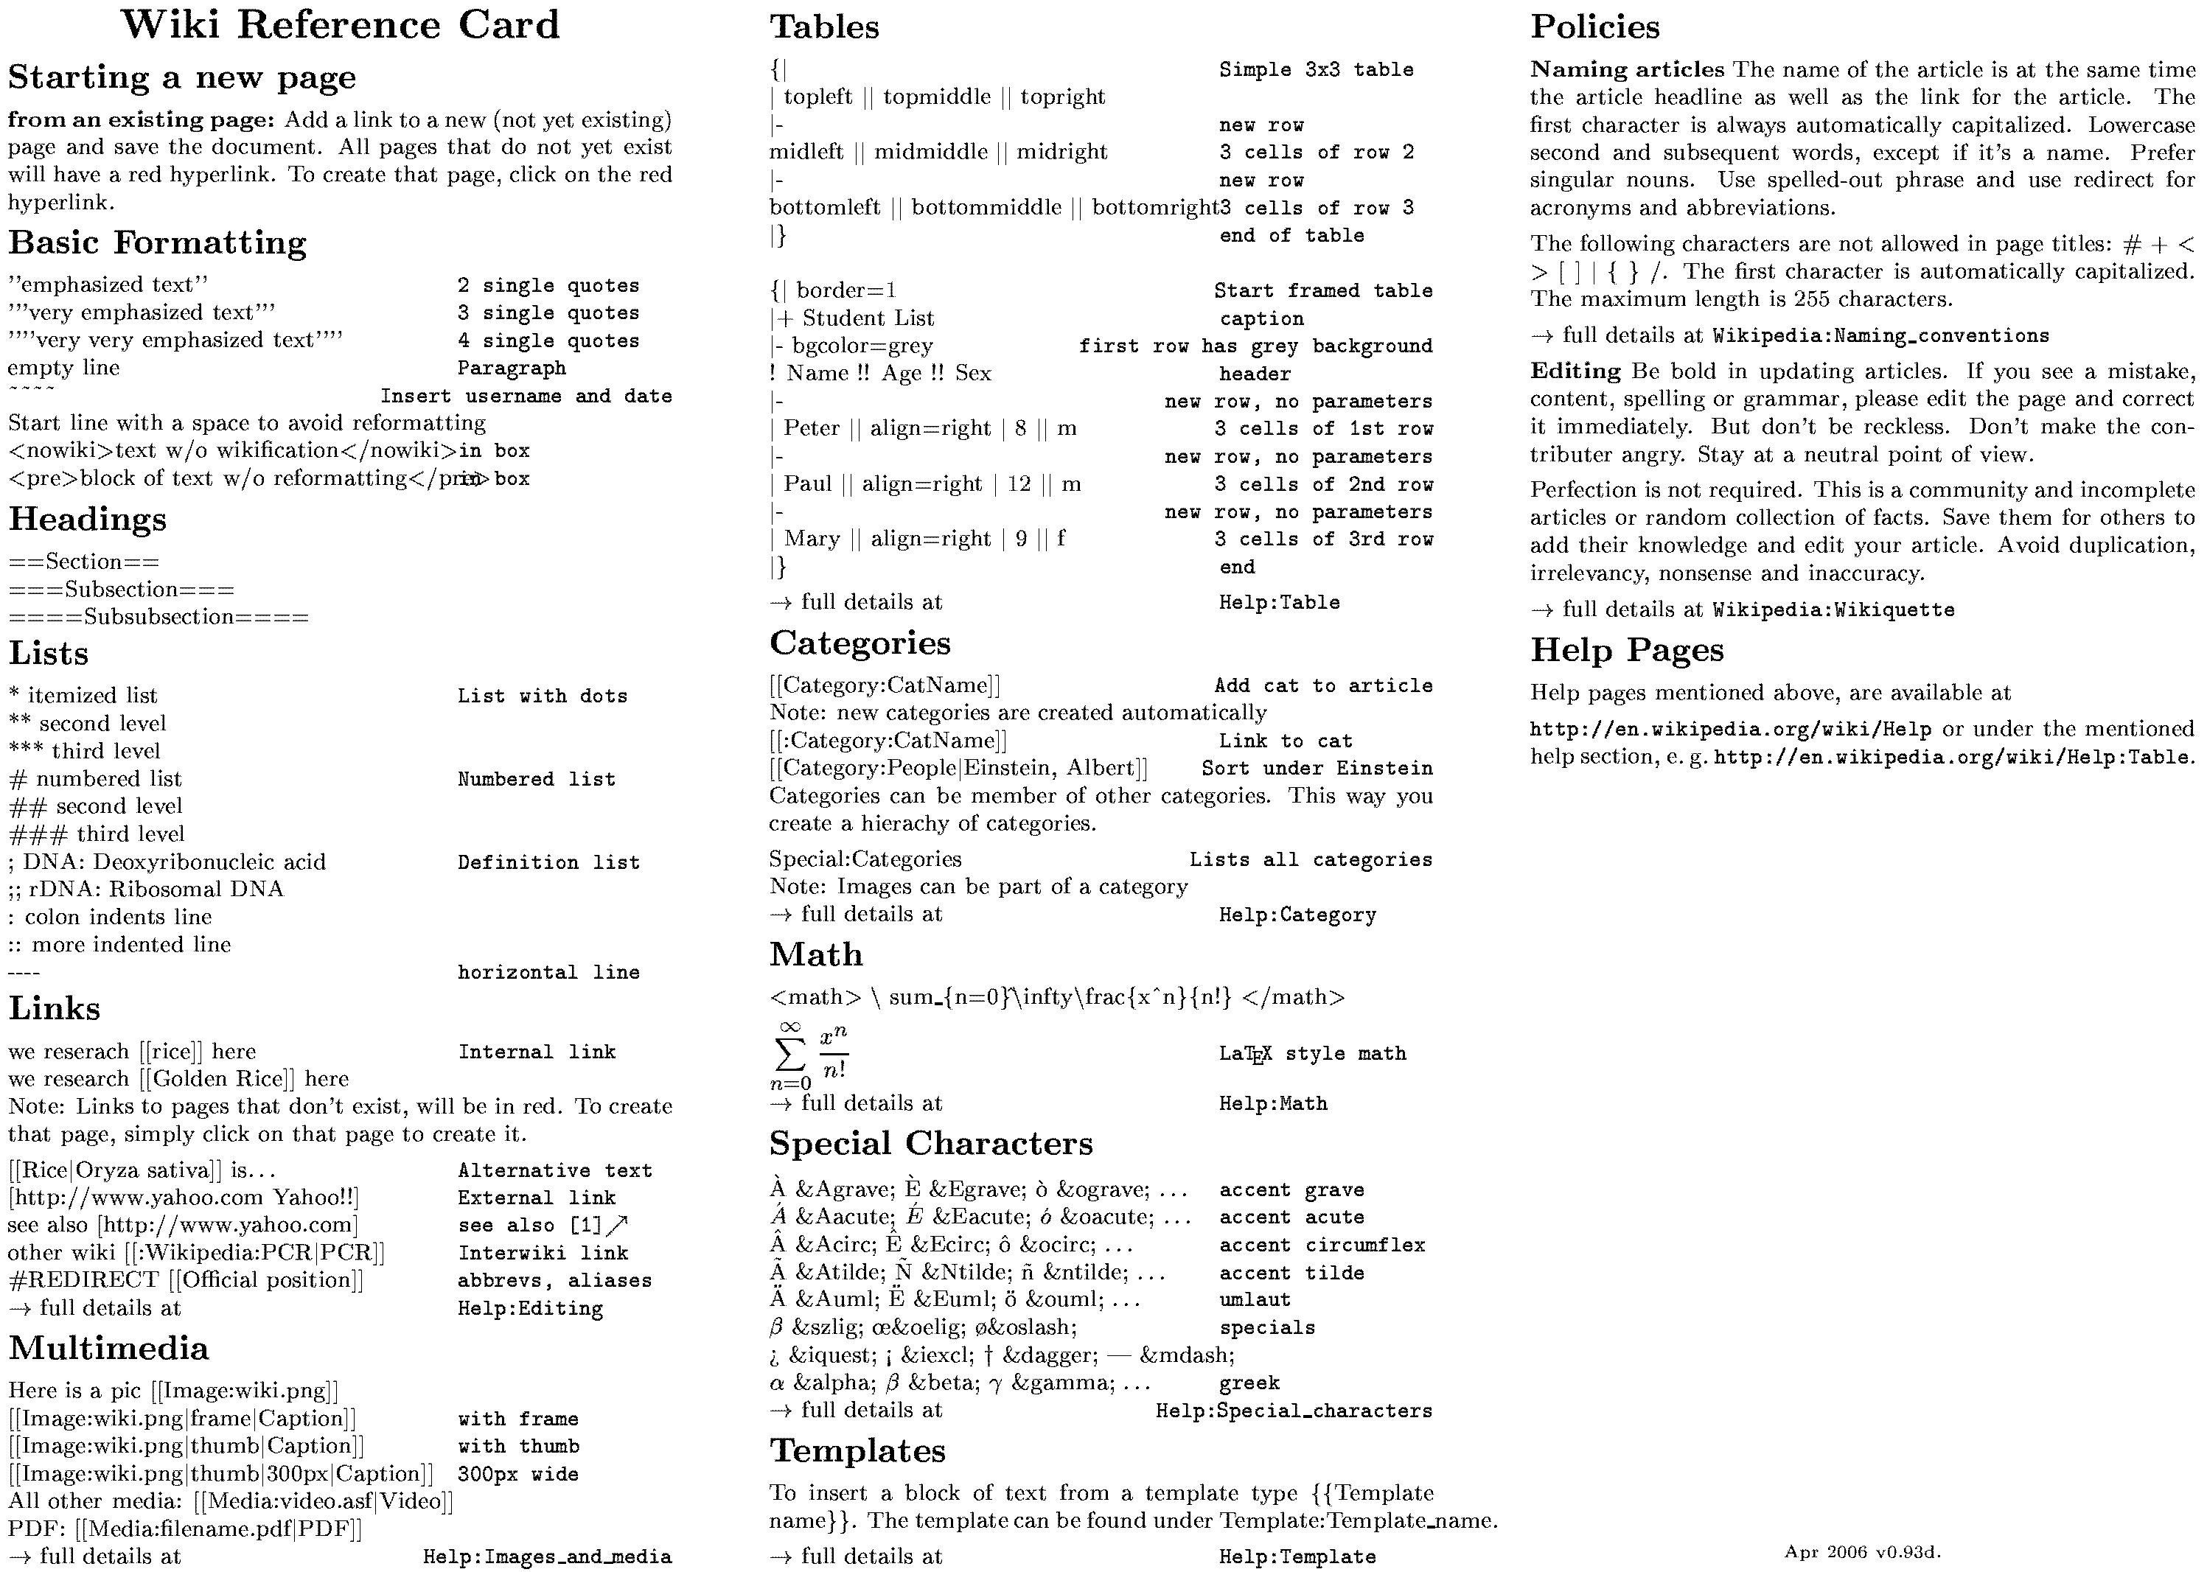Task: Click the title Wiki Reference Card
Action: click(341, 25)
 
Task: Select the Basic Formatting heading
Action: click(158, 242)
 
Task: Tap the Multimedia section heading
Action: click(108, 1349)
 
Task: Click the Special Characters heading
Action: click(930, 1144)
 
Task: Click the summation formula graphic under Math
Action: click(810, 1055)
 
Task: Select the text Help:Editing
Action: click(531, 1309)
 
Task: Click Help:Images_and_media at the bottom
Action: click(547, 1557)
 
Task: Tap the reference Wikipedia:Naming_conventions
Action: click(1880, 336)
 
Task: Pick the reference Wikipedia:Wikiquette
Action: click(1833, 609)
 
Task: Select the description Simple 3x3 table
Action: click(1316, 70)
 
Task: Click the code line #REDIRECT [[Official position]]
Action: click(186, 1279)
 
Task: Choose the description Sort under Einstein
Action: click(1317, 769)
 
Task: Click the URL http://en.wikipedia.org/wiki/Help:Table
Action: click(1951, 757)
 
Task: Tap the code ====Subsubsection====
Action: click(158, 618)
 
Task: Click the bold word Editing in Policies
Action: click(1575, 371)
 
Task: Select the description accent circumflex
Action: click(1321, 1245)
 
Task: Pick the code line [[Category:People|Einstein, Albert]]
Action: click(958, 769)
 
